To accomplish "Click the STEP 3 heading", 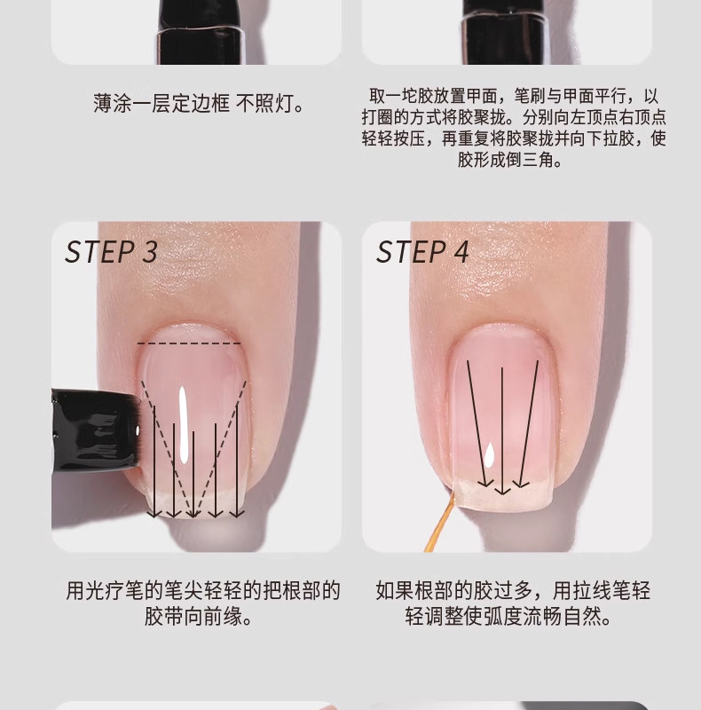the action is pyautogui.click(x=112, y=252).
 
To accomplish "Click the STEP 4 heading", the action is pyautogui.click(x=422, y=252).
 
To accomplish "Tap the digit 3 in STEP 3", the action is pyautogui.click(x=150, y=252).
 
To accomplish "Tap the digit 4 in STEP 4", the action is pyautogui.click(x=461, y=252).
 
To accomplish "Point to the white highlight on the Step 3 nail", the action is pyautogui.click(x=184, y=425).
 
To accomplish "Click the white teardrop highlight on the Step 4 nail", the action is pyautogui.click(x=489, y=455).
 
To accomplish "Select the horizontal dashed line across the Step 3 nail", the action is pyautogui.click(x=189, y=343).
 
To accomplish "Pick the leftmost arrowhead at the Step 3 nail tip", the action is pyautogui.click(x=154, y=513).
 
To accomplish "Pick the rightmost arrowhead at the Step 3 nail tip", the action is pyautogui.click(x=237, y=513).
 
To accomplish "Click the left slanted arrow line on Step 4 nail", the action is pyautogui.click(x=477, y=423).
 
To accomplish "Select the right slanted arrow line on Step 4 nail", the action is pyautogui.click(x=529, y=423).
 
